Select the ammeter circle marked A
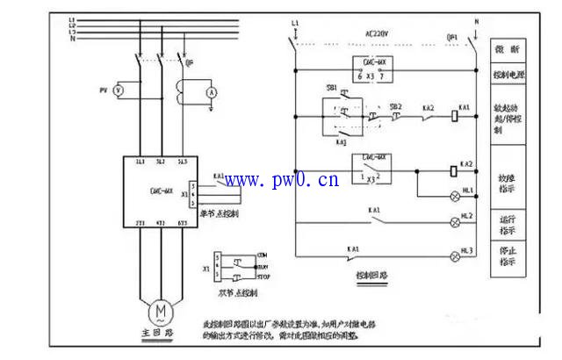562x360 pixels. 211,90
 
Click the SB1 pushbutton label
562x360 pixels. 332,90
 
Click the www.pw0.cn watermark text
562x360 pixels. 281,182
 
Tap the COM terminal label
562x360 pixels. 262,255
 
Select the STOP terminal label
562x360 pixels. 263,277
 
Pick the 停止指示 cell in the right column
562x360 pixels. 508,256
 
